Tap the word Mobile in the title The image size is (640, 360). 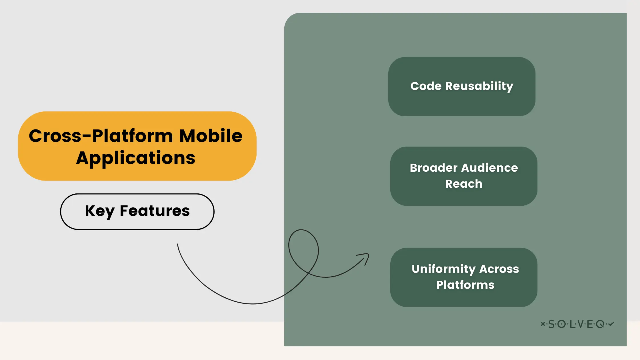coord(211,136)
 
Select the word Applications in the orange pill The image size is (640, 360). coord(136,158)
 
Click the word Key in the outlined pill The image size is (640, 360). coord(99,211)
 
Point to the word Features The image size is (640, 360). coord(155,211)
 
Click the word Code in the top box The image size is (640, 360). coord(426,86)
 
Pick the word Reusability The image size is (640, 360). coord(479,86)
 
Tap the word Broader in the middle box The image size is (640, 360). coord(433,168)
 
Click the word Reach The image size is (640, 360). coord(464,184)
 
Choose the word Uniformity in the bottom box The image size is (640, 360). coord(443,269)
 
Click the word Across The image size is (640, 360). coord(499,269)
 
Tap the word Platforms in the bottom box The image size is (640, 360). coord(465,285)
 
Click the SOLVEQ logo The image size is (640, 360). coord(577,324)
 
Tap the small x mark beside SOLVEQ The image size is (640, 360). coord(543,324)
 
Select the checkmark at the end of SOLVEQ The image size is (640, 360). coord(611,324)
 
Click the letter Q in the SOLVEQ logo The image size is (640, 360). coord(600,324)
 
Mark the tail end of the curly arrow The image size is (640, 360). coord(178,245)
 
